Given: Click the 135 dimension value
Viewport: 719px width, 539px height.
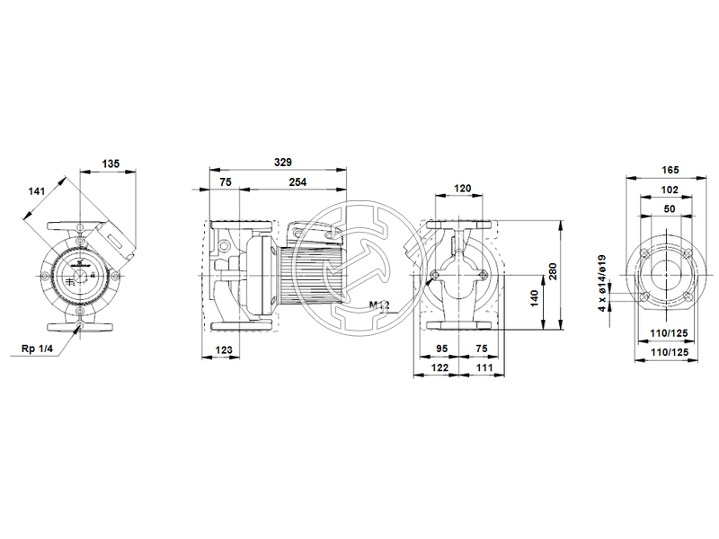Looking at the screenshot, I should [x=111, y=164].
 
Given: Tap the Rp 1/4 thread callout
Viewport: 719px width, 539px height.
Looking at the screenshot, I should [x=36, y=349].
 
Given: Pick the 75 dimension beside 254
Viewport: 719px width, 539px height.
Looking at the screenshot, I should [x=225, y=183].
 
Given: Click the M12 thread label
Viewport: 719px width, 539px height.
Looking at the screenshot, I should [x=379, y=305].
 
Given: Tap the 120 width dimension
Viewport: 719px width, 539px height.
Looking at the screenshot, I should [x=462, y=189].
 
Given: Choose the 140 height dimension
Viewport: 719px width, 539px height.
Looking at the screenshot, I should [x=535, y=296].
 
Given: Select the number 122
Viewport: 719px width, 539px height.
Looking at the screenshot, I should [x=439, y=368].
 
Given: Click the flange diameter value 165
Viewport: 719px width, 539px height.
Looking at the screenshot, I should [x=670, y=170].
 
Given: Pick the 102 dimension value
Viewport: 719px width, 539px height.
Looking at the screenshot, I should [x=670, y=190].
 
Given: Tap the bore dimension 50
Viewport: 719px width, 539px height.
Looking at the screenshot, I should [x=670, y=208].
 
